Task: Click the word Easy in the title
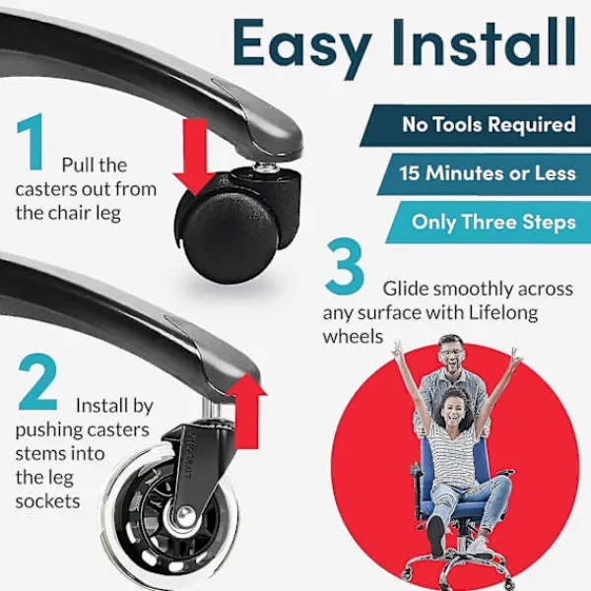302,46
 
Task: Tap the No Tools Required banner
476,125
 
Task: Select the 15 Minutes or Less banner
485,174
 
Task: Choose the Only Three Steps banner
489,223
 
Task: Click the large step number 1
31,142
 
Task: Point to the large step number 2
37,382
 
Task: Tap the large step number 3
345,266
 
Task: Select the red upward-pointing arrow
247,410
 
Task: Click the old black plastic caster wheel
230,237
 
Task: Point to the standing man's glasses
451,354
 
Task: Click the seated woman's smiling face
455,410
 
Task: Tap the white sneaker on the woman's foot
481,548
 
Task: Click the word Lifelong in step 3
503,313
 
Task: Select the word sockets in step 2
47,501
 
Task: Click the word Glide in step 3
406,289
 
